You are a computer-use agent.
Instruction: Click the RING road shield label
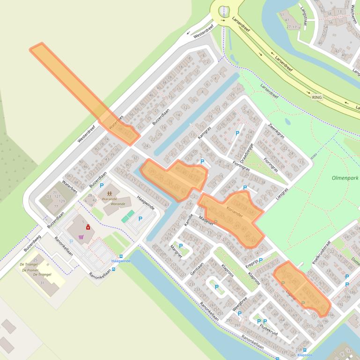click(317, 97)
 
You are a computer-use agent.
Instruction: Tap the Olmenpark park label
click(345, 178)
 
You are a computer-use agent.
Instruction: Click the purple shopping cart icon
click(82, 237)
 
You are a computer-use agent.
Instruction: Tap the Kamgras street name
click(205, 132)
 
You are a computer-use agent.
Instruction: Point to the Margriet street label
click(175, 252)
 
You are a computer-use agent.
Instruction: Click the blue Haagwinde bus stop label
click(120, 261)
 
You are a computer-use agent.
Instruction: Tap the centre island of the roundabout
click(224, 9)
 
